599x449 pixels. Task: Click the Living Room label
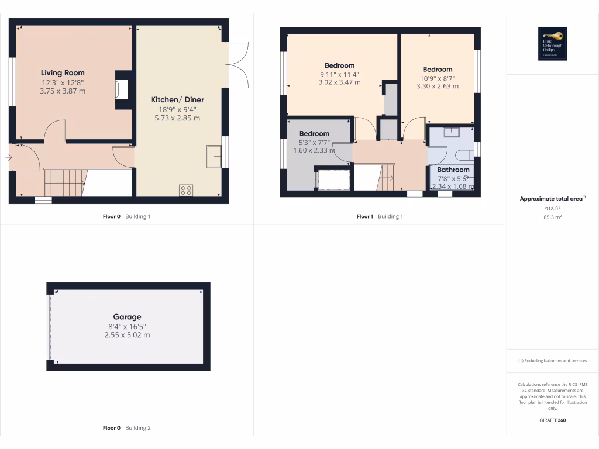pyautogui.click(x=63, y=73)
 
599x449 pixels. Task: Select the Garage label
pyautogui.click(x=127, y=317)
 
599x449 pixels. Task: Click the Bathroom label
pyautogui.click(x=453, y=170)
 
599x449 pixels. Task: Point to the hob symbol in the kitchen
pyautogui.click(x=186, y=190)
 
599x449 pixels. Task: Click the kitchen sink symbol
pyautogui.click(x=214, y=157)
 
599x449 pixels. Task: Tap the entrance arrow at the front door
pyautogui.click(x=8, y=157)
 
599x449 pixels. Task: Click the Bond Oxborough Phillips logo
pyautogui.click(x=552, y=44)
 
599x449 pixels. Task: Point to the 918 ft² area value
pyautogui.click(x=552, y=208)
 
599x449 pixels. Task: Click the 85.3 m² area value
pyautogui.click(x=552, y=217)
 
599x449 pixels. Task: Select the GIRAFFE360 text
pyautogui.click(x=552, y=420)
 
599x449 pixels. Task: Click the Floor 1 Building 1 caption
pyautogui.click(x=380, y=216)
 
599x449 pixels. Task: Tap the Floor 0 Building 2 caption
pyautogui.click(x=126, y=428)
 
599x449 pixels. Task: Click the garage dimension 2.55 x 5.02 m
pyautogui.click(x=127, y=335)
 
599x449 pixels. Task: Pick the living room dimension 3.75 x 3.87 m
pyautogui.click(x=63, y=91)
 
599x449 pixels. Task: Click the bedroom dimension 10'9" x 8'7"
pyautogui.click(x=437, y=78)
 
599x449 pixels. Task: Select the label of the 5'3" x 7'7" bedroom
pyautogui.click(x=314, y=134)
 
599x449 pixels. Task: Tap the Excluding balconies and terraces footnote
pyautogui.click(x=552, y=361)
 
